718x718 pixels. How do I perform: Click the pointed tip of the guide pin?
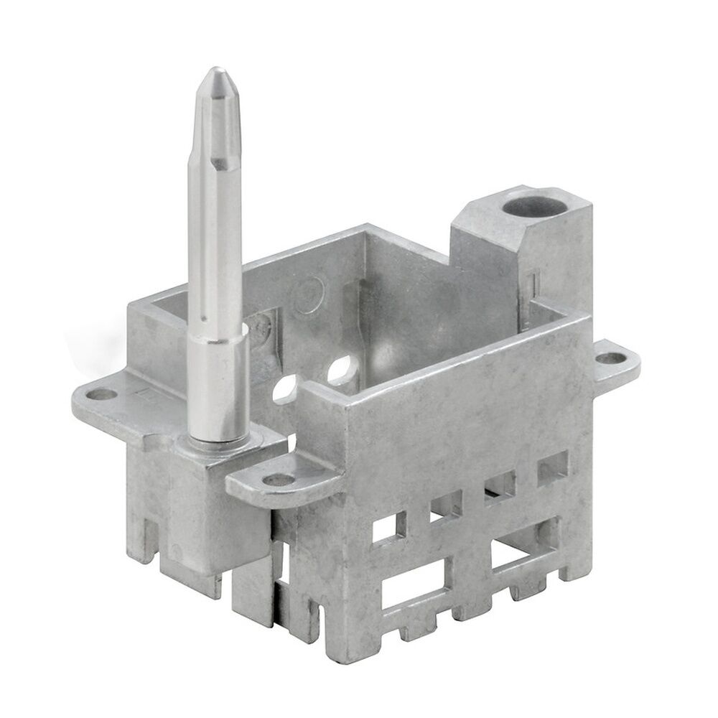click(x=217, y=75)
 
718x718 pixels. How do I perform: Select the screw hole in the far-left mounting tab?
click(x=103, y=393)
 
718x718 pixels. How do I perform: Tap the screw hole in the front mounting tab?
click(x=276, y=480)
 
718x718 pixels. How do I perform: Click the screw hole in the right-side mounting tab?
click(x=610, y=357)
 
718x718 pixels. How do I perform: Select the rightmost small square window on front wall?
click(x=552, y=467)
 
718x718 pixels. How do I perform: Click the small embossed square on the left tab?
click(x=145, y=393)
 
